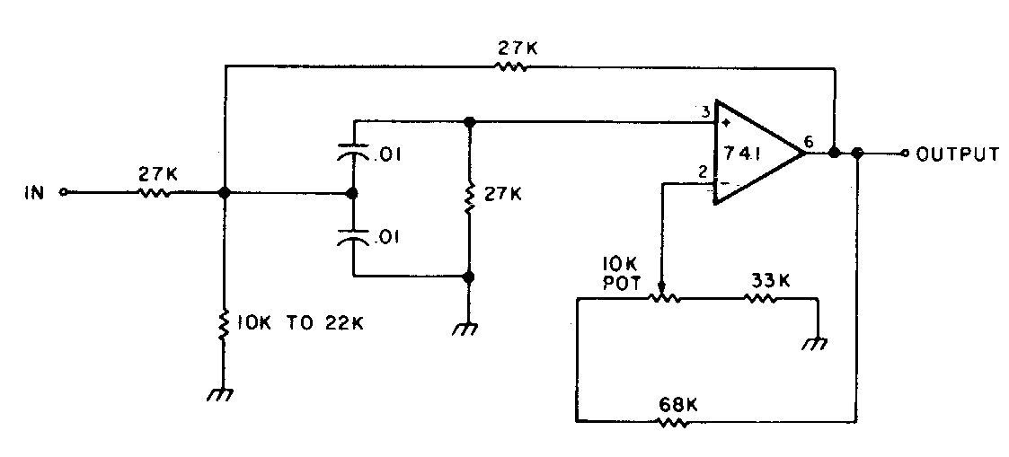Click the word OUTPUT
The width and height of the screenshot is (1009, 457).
pyautogui.click(x=958, y=154)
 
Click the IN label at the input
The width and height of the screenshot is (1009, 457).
pyautogui.click(x=35, y=192)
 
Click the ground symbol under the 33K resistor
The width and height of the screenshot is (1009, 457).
pyautogui.click(x=816, y=342)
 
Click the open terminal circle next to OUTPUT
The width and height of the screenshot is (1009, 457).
pyautogui.click(x=906, y=154)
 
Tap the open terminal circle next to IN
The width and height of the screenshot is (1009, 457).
pyautogui.click(x=63, y=191)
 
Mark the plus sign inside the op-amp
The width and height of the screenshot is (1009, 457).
pyautogui.click(x=725, y=118)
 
